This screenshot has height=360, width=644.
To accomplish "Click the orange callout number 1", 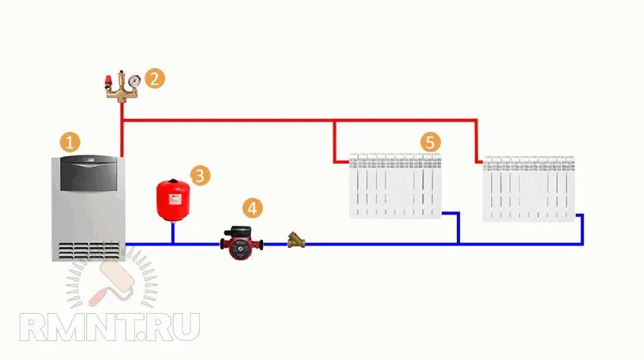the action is (x=70, y=142).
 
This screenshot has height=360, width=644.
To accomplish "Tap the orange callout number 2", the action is (x=155, y=79).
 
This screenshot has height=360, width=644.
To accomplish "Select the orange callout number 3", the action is (x=201, y=176).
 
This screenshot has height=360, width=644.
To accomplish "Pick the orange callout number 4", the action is (x=252, y=208).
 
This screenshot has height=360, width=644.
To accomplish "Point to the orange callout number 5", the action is (x=430, y=142).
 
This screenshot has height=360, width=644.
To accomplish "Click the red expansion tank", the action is (x=174, y=200).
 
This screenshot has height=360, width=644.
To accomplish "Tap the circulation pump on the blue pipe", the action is (x=242, y=243).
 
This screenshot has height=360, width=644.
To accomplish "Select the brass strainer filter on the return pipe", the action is (x=296, y=240).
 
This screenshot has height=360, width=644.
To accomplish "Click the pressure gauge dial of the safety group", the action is (x=134, y=80).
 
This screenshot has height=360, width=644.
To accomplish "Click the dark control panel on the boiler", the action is (x=89, y=174).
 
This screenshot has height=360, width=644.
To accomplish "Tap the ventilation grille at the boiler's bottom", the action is (x=89, y=251).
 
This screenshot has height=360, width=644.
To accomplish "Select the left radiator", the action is (x=395, y=186).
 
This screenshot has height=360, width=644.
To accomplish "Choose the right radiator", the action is (x=529, y=189).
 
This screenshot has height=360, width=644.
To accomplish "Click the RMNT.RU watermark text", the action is (x=110, y=327).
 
